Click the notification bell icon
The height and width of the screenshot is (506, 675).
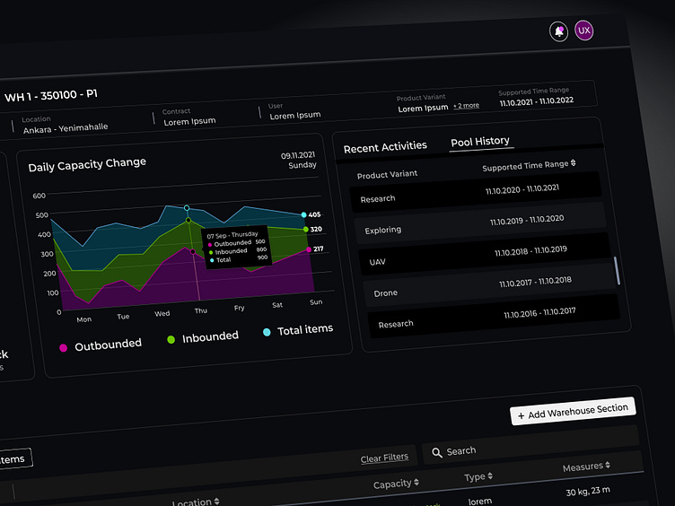tap(559, 31)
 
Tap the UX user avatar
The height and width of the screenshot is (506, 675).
tap(584, 31)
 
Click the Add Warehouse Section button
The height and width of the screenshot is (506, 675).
tap(573, 411)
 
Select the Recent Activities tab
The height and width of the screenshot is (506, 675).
tap(385, 147)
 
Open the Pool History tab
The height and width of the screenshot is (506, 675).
tap(480, 142)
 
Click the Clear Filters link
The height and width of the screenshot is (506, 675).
tap(384, 458)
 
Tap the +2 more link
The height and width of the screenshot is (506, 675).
tap(466, 106)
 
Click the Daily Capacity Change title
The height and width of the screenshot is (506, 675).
tap(87, 165)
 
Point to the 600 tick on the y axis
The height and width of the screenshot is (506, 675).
tap(39, 196)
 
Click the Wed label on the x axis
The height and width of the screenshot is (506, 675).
tap(162, 314)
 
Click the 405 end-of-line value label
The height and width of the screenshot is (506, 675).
tap(314, 215)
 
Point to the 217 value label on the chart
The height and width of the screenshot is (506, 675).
tap(318, 249)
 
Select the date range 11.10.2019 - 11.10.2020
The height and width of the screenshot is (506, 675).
tap(527, 220)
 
